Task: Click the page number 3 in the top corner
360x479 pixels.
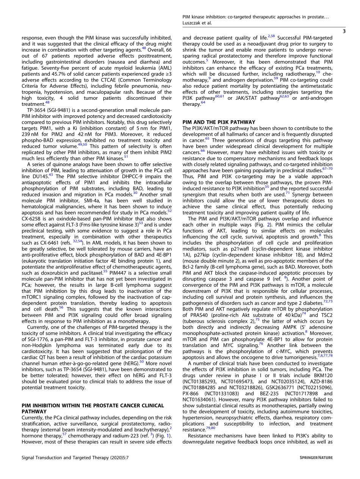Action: pyautogui.click(x=344, y=31)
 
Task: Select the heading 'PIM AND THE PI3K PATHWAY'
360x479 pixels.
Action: pyautogui.click(x=219, y=122)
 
